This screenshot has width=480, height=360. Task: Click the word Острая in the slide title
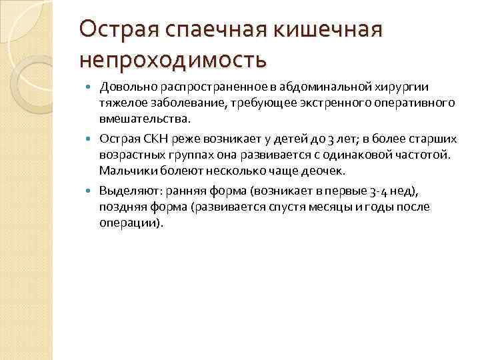pos(117,29)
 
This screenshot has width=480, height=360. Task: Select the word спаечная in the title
pos(205,29)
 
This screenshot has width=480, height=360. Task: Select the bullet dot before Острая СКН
pos(92,139)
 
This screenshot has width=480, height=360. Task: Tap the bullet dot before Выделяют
pos(92,191)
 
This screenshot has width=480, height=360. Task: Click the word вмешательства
pos(144,120)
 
